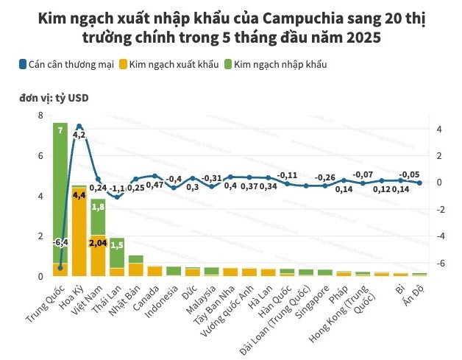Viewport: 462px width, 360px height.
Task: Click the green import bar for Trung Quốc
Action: (x=60, y=191)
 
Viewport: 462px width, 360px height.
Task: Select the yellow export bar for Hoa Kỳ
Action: (x=79, y=232)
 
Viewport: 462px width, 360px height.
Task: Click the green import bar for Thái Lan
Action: (x=117, y=253)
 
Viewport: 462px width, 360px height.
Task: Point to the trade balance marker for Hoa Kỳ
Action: (x=79, y=126)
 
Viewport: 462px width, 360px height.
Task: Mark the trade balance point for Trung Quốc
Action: (x=60, y=268)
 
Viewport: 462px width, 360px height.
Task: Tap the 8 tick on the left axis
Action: (x=40, y=116)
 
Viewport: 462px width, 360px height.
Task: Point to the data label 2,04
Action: (x=98, y=242)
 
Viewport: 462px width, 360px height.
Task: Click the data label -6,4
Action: (x=60, y=241)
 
